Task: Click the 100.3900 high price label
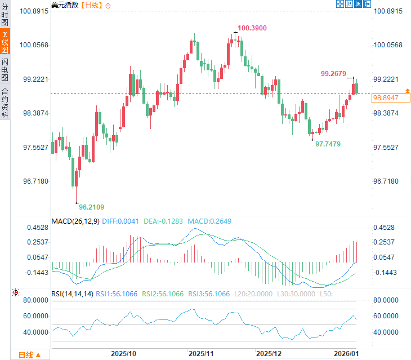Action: point(252,28)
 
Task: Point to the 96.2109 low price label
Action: point(91,207)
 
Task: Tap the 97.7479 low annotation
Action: point(328,144)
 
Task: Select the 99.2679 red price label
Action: point(333,73)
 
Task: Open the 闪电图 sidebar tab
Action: point(5,70)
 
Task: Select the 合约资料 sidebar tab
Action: point(5,103)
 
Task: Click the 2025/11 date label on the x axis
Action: point(200,354)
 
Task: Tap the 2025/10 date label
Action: point(123,354)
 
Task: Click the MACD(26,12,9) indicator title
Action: point(75,221)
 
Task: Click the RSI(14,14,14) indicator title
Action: point(71,294)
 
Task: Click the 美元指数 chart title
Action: point(65,5)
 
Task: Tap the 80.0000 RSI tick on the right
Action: point(386,300)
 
